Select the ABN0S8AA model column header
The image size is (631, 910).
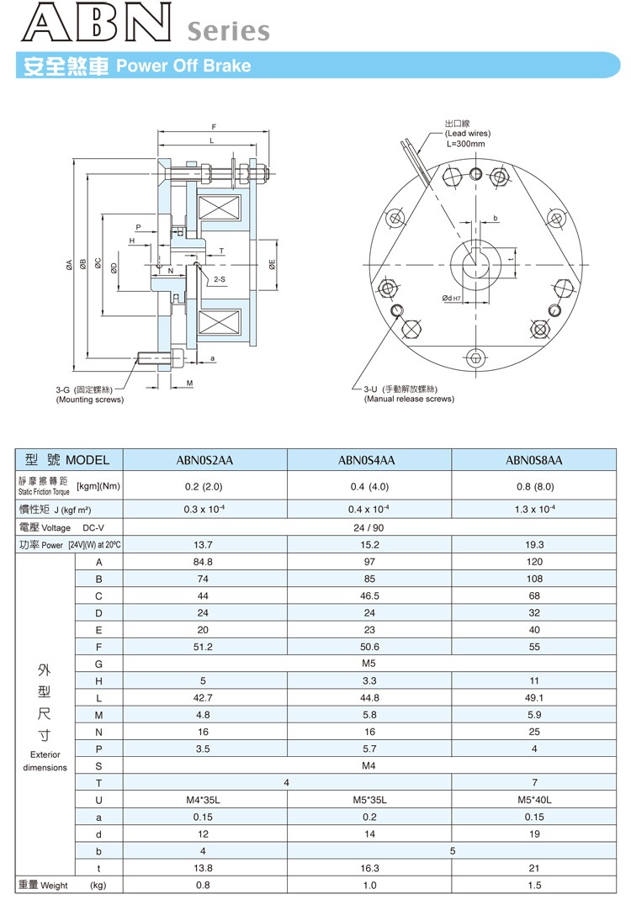coord(533,460)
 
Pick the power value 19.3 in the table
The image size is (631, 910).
coord(533,545)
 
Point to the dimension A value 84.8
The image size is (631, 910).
coord(204,562)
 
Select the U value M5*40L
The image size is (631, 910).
coord(533,800)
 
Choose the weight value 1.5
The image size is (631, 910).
coord(533,885)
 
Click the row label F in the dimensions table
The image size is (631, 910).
coord(98,647)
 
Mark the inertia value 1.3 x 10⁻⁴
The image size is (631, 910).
coord(533,510)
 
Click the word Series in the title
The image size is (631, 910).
coord(228,31)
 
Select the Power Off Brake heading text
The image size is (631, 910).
coord(183,66)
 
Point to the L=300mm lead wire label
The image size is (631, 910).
coord(465,144)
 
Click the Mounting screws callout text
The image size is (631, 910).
coord(90,399)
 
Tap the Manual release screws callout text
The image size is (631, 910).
coord(409,399)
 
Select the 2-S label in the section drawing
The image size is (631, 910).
coord(219,278)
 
